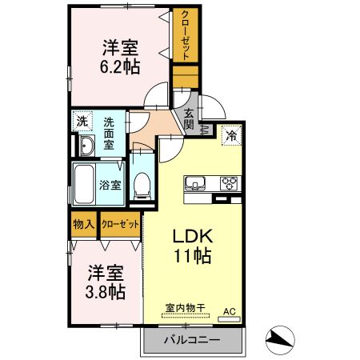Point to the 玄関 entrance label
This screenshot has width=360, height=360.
pyautogui.click(x=190, y=119)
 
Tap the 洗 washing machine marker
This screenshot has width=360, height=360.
pyautogui.click(x=82, y=122)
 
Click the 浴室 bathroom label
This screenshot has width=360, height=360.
pyautogui.click(x=110, y=185)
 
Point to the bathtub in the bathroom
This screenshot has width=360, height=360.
pyautogui.click(x=84, y=185)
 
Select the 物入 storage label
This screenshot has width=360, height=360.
pyautogui.click(x=82, y=225)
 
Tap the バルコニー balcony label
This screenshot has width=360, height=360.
pyautogui.click(x=192, y=339)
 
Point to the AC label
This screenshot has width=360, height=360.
pyautogui.click(x=230, y=311)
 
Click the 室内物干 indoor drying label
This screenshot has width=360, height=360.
pyautogui.click(x=186, y=306)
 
